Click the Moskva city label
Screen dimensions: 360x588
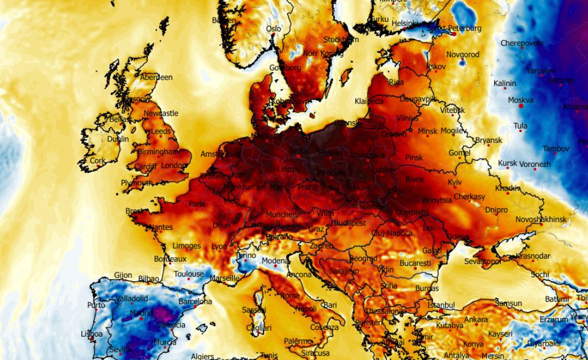520,100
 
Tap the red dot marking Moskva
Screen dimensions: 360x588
521,106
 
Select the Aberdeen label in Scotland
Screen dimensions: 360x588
156,77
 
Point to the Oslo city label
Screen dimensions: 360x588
273,29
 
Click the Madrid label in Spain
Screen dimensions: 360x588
141,313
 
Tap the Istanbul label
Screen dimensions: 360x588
441,304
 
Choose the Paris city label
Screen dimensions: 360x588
196,204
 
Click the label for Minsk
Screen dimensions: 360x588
428,131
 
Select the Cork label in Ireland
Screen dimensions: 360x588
98,161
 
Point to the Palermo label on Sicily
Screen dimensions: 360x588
298,341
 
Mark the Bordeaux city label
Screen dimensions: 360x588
170,259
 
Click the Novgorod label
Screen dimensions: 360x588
463,55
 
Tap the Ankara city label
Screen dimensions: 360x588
476,320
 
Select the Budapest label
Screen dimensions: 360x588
350,223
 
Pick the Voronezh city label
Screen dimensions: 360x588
535,164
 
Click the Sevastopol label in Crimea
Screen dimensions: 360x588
482,261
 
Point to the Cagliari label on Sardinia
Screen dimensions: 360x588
259,328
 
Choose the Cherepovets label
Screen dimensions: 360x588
521,43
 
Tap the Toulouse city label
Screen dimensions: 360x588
189,274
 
